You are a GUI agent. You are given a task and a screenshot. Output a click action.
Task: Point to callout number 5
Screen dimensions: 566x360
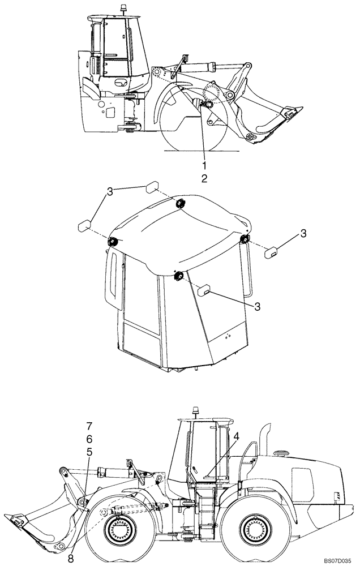89,452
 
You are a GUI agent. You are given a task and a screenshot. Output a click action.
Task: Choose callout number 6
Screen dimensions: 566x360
89,439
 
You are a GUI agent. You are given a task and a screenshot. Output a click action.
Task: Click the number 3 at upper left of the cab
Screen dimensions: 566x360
110,192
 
